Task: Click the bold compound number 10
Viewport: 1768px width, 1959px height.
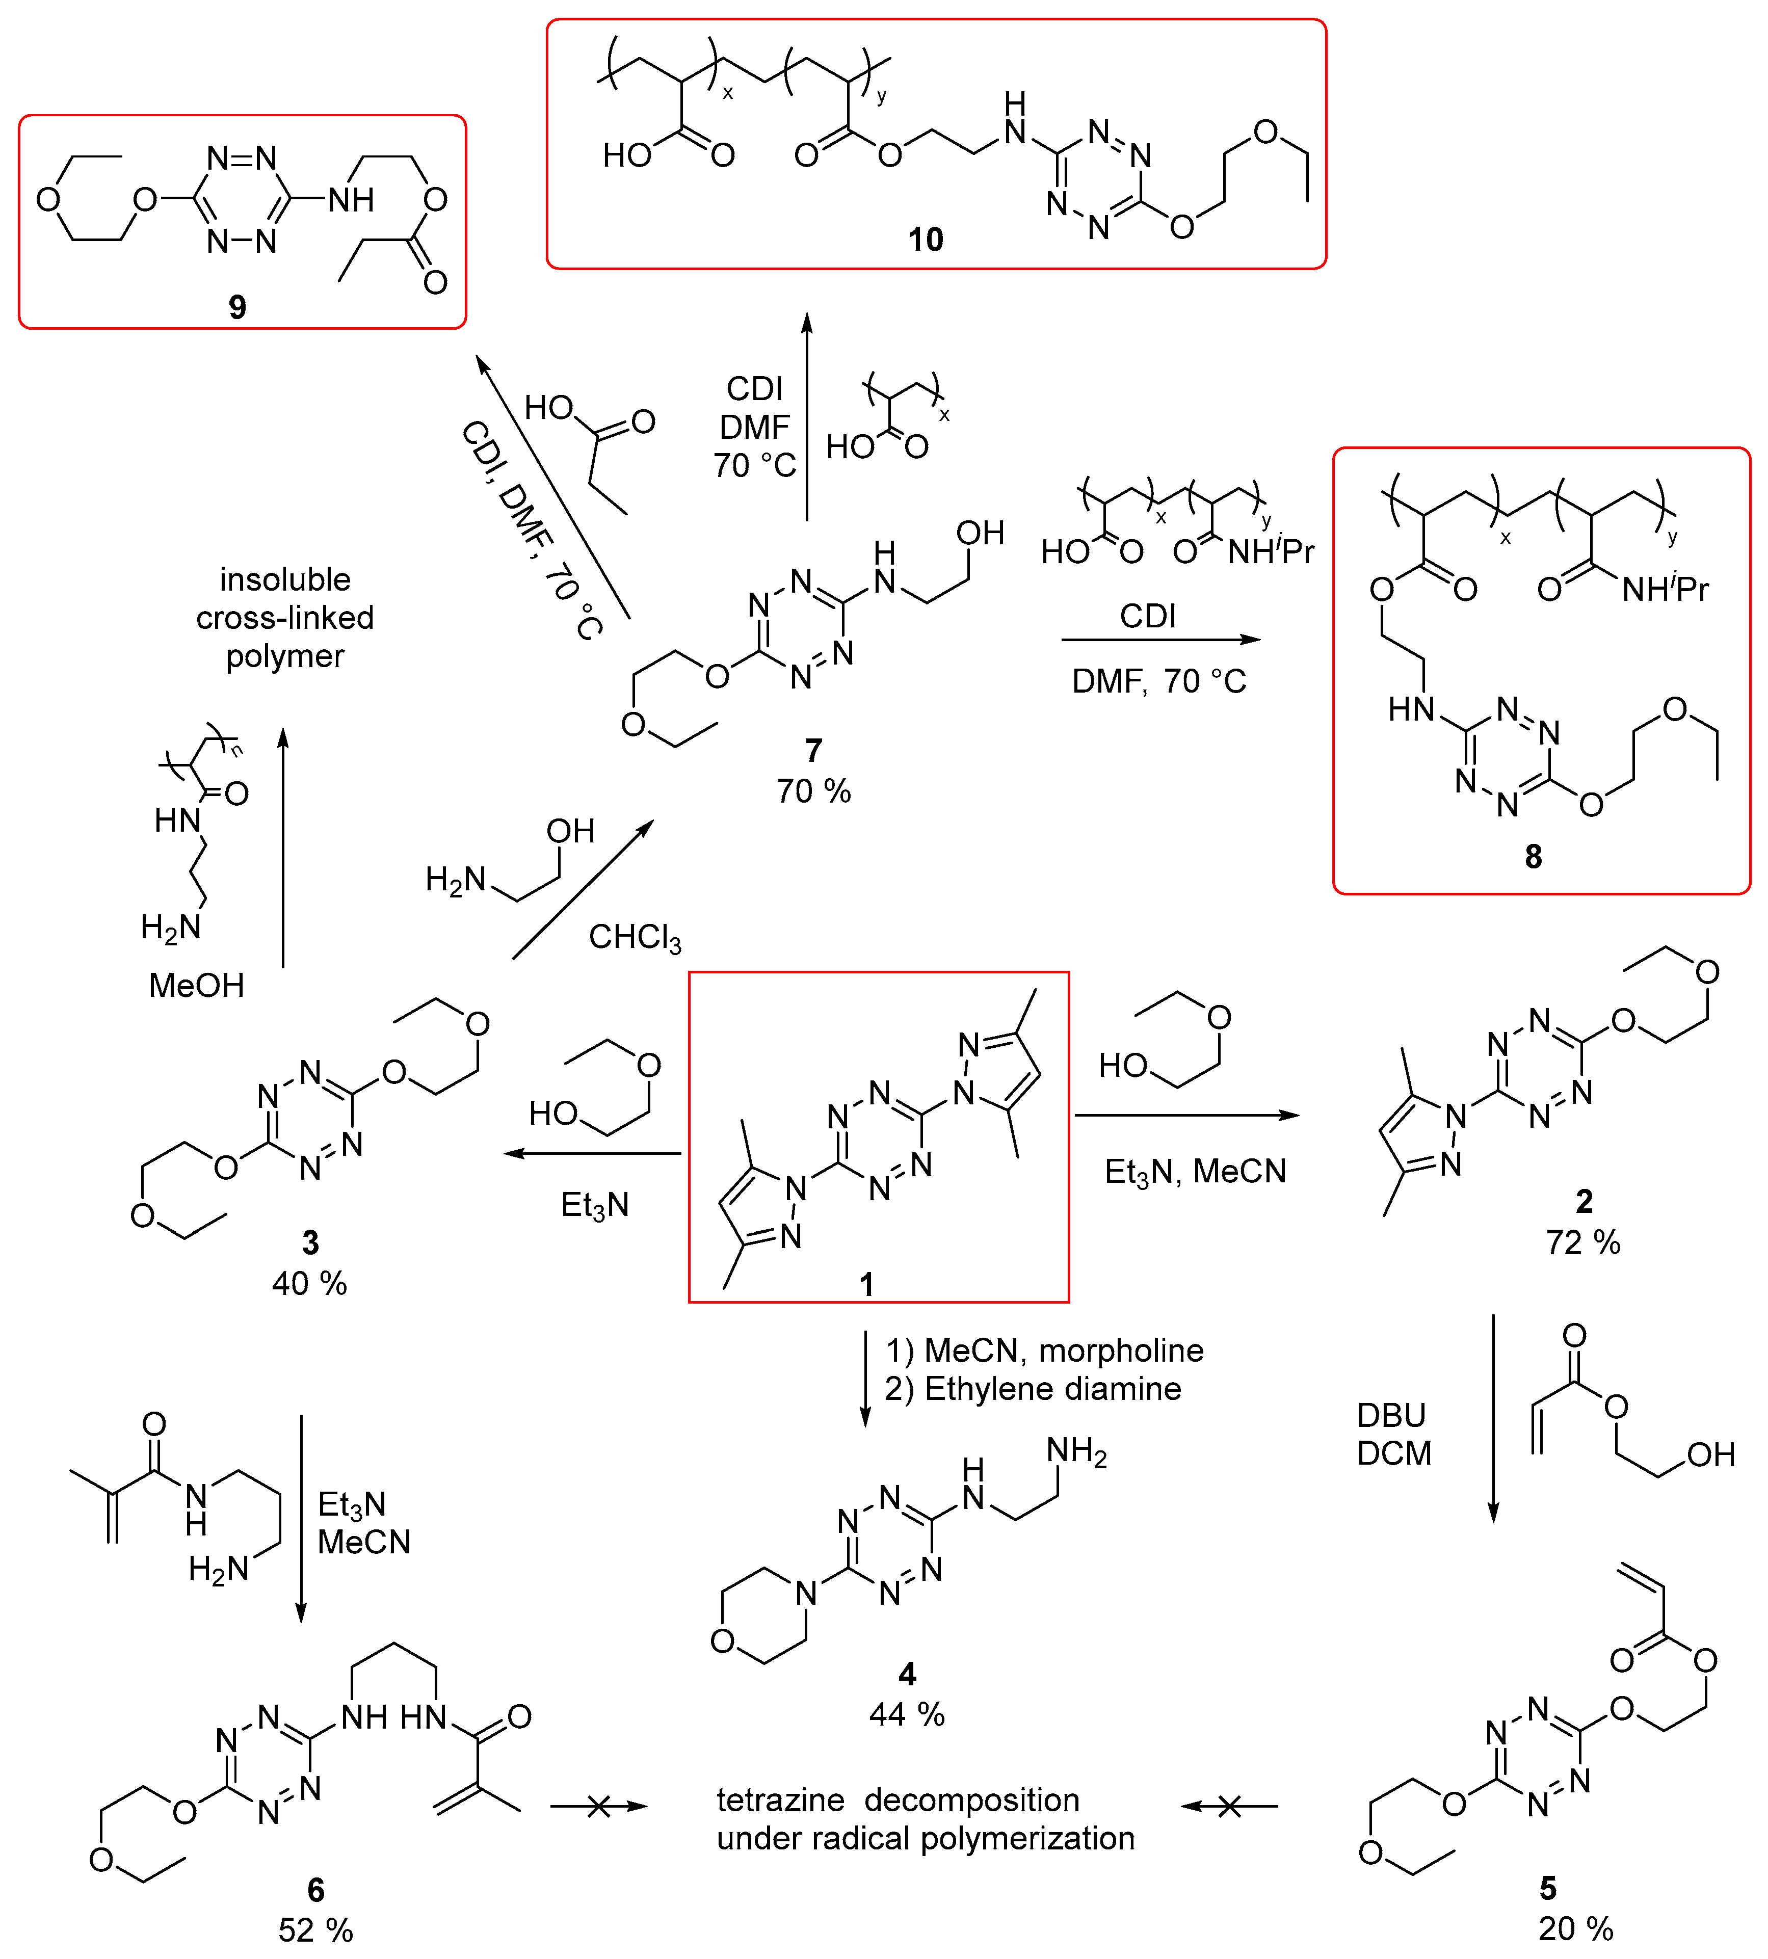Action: pyautogui.click(x=925, y=239)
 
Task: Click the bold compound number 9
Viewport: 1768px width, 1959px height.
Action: pyautogui.click(x=237, y=307)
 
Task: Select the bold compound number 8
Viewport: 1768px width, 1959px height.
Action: pyautogui.click(x=1533, y=856)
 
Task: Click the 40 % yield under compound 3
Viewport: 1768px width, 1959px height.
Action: pyautogui.click(x=309, y=1283)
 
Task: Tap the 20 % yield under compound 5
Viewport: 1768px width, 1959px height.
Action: pyautogui.click(x=1576, y=1928)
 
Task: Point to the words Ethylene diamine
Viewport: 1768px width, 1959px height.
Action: pyautogui.click(x=1053, y=1389)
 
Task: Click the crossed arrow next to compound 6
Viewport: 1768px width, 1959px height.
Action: pyautogui.click(x=598, y=1807)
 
